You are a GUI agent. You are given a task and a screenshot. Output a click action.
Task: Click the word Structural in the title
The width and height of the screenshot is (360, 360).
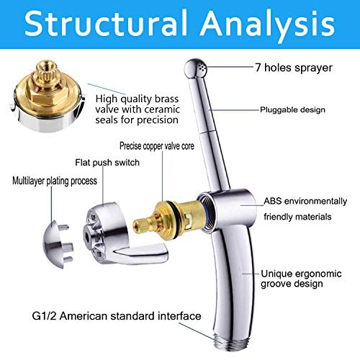click(x=106, y=23)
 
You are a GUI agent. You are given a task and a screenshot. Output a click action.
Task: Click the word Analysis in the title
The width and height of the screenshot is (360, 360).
click(x=268, y=26)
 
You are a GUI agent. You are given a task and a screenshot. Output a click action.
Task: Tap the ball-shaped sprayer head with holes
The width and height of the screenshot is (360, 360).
click(x=196, y=68)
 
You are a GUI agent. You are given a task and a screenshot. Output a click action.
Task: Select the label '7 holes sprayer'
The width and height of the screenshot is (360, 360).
click(x=294, y=68)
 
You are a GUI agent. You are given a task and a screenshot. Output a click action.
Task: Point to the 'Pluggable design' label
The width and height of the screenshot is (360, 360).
click(x=293, y=109)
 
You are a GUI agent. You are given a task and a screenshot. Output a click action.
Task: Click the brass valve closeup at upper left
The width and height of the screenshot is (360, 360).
click(x=48, y=96)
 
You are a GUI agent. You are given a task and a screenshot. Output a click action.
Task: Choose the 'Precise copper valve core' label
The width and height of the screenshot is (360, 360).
click(x=157, y=146)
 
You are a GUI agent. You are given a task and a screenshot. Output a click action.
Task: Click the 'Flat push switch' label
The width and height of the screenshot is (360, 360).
click(x=107, y=163)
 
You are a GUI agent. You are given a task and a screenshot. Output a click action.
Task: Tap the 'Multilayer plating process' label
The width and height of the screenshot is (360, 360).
click(x=55, y=181)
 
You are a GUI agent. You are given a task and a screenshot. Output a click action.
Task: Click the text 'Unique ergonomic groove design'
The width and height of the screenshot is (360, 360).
click(x=301, y=279)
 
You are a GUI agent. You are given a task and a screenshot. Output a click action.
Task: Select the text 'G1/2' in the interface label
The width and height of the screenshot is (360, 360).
click(x=45, y=316)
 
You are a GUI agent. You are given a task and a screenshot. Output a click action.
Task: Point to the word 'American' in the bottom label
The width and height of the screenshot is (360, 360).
click(x=84, y=316)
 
